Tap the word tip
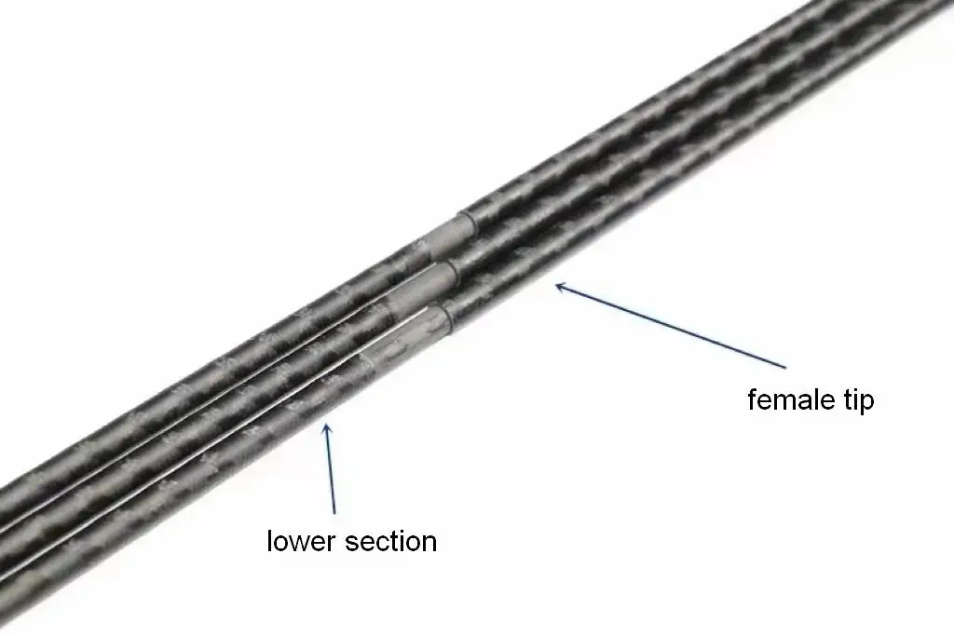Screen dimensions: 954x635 pos(857,400)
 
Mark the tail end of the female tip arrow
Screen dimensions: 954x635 pos(785,368)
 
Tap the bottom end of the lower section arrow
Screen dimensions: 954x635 pos(334,513)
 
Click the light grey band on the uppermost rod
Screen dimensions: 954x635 pos(447,237)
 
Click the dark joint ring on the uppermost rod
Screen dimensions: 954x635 pos(470,226)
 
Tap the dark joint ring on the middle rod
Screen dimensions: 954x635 pos(453,276)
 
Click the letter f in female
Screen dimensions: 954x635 pos(752,399)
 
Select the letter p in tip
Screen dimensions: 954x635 pos(866,404)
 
